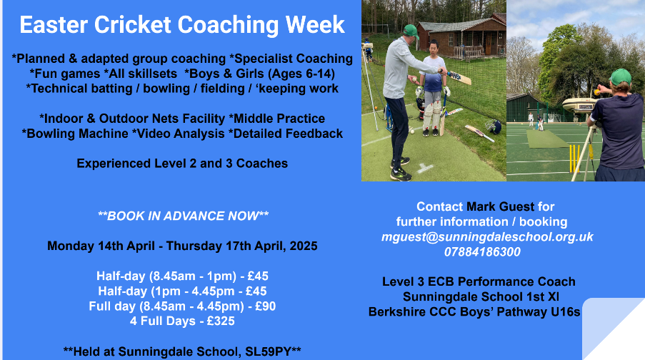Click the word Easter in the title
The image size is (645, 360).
pyautogui.click(x=54, y=25)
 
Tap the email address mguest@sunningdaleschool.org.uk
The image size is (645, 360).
pyautogui.click(x=487, y=237)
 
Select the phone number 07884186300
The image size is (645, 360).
pyautogui.click(x=482, y=252)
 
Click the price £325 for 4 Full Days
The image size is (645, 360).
pyautogui.click(x=221, y=321)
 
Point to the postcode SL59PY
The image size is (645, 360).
pyautogui.click(x=268, y=351)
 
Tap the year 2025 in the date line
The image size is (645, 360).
pyautogui.click(x=304, y=246)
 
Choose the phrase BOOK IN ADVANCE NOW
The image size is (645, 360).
pyautogui.click(x=183, y=216)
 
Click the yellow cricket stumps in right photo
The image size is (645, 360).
pyautogui.click(x=575, y=159)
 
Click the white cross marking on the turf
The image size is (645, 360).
pyautogui.click(x=424, y=168)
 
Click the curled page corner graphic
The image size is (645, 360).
pyautogui.click(x=613, y=329)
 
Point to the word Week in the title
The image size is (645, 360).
pyautogui.click(x=315, y=25)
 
